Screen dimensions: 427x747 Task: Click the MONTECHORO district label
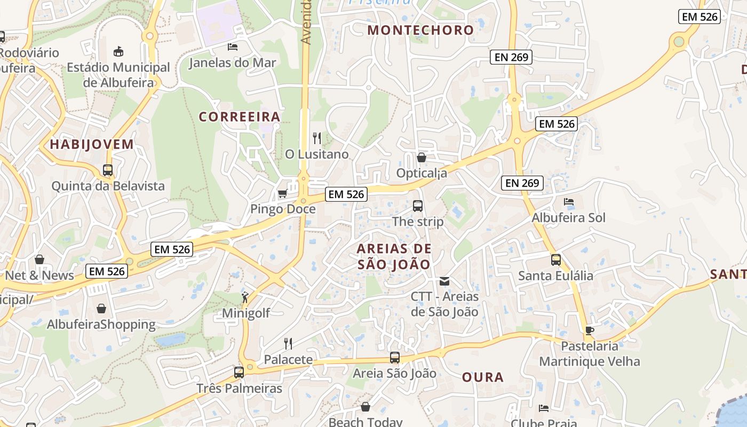(x=420, y=30)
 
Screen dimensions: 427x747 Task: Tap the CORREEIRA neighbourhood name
(x=240, y=117)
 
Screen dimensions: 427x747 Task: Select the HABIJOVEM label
(x=92, y=145)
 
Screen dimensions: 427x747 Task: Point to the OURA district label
(x=483, y=377)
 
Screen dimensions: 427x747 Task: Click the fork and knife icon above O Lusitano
(x=317, y=138)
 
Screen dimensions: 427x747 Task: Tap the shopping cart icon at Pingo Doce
(x=283, y=193)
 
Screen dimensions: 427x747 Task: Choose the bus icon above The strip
(x=418, y=205)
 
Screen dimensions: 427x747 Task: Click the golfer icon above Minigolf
(x=245, y=297)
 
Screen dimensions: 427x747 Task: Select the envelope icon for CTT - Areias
(x=444, y=281)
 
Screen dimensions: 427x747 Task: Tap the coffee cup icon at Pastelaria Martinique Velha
(x=589, y=330)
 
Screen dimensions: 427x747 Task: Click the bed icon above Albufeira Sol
(x=569, y=202)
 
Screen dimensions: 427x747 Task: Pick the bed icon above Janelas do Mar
(x=233, y=46)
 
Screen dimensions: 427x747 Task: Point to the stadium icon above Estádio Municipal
(x=118, y=51)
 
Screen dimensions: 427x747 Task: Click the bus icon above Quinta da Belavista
(x=108, y=170)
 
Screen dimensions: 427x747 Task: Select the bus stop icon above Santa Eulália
(x=556, y=260)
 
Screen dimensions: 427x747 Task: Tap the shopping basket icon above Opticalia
(x=422, y=157)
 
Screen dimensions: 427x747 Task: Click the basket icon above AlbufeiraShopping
(x=101, y=309)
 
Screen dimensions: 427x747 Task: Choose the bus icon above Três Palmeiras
(x=239, y=372)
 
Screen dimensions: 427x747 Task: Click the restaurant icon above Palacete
(x=288, y=343)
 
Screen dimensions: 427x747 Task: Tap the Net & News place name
(x=39, y=275)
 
